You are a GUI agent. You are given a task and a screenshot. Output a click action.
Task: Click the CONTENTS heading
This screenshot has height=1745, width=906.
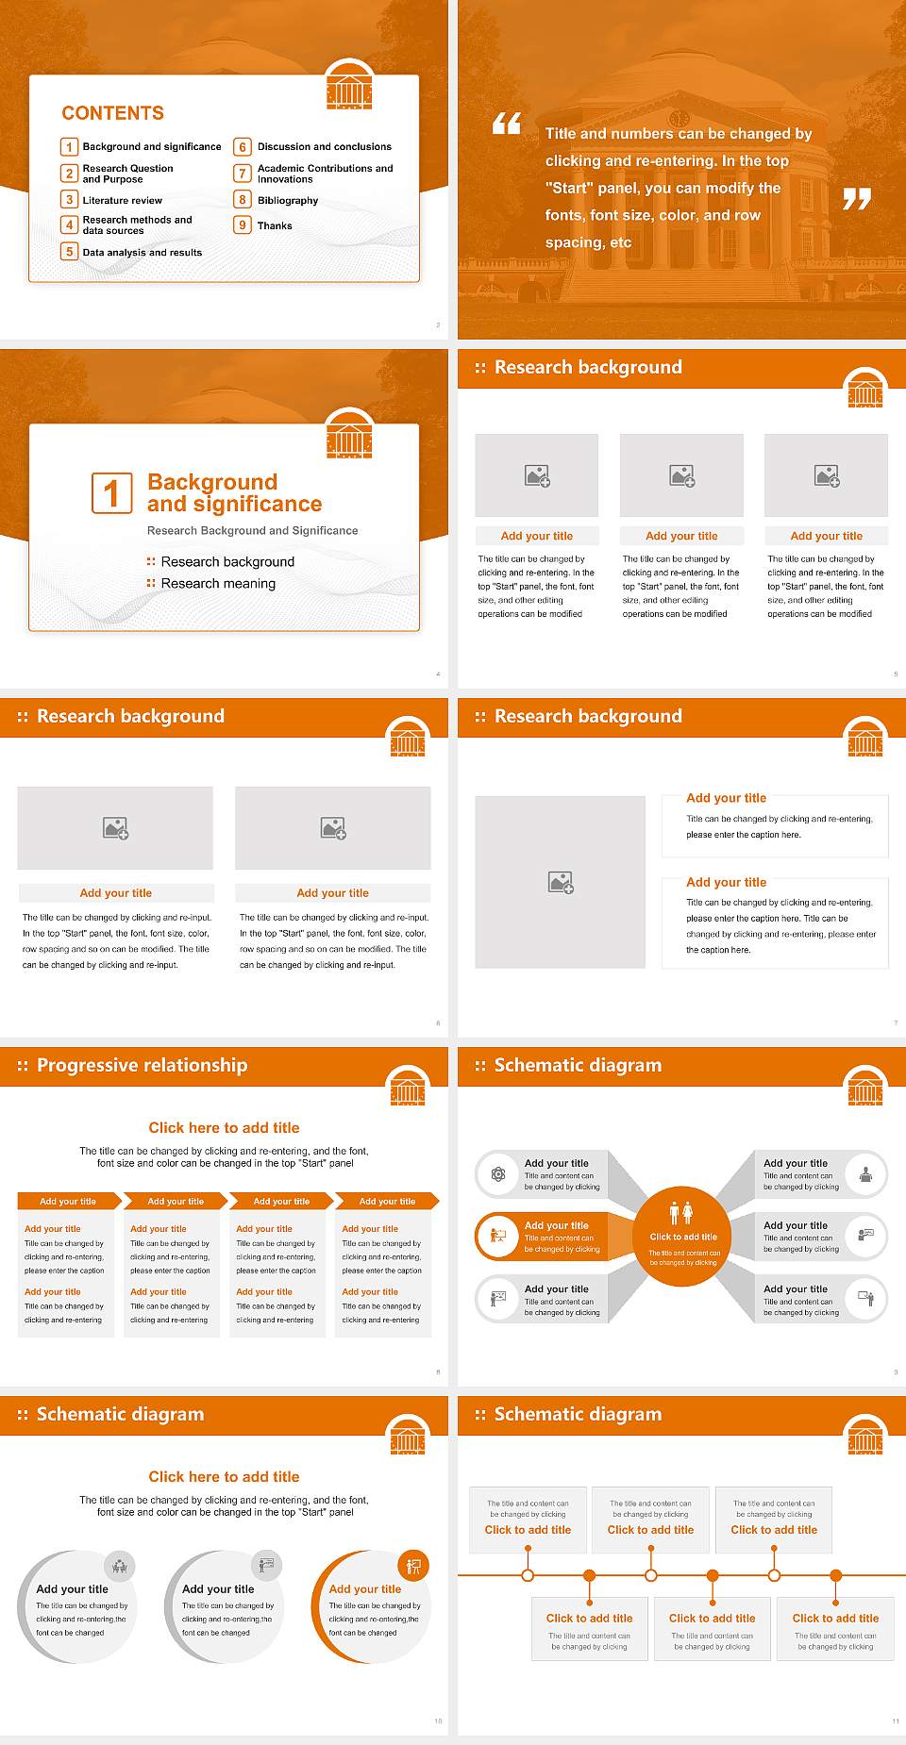click(x=112, y=113)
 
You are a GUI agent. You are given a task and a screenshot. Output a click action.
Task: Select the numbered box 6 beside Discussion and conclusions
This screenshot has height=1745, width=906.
click(x=243, y=147)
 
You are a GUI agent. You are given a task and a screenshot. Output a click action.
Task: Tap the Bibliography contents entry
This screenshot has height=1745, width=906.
click(x=287, y=201)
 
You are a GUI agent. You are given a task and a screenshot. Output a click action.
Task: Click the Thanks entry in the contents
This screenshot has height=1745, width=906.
click(x=275, y=226)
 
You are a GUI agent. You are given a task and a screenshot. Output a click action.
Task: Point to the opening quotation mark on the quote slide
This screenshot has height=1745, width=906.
click(x=507, y=123)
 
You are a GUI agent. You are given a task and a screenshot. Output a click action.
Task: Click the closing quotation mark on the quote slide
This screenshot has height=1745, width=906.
click(x=856, y=199)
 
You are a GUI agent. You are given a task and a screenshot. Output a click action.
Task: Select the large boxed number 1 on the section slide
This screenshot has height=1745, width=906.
click(x=111, y=493)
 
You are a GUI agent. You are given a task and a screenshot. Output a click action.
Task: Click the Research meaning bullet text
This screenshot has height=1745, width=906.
click(x=218, y=584)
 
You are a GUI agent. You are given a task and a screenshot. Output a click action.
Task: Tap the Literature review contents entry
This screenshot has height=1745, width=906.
click(x=122, y=201)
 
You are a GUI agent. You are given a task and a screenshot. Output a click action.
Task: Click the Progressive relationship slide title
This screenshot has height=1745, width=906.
click(x=142, y=1066)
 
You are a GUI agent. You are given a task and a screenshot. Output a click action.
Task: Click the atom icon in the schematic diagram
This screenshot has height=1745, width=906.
click(x=498, y=1174)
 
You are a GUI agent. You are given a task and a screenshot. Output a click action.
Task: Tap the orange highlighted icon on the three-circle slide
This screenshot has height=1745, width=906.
click(x=413, y=1567)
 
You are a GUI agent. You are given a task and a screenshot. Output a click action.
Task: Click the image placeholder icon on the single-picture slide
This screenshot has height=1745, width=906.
click(x=561, y=883)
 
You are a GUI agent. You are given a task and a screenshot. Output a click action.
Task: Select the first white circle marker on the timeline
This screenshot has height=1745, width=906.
click(x=528, y=1575)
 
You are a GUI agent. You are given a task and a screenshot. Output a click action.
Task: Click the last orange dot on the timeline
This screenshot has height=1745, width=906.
click(x=835, y=1575)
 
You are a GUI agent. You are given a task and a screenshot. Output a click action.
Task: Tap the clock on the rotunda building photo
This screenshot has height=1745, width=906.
click(x=679, y=119)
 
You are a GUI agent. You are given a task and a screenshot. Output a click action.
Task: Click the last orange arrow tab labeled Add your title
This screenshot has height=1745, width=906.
click(x=387, y=1202)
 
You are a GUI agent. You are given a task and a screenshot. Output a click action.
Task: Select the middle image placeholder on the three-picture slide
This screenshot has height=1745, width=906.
click(x=681, y=476)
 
